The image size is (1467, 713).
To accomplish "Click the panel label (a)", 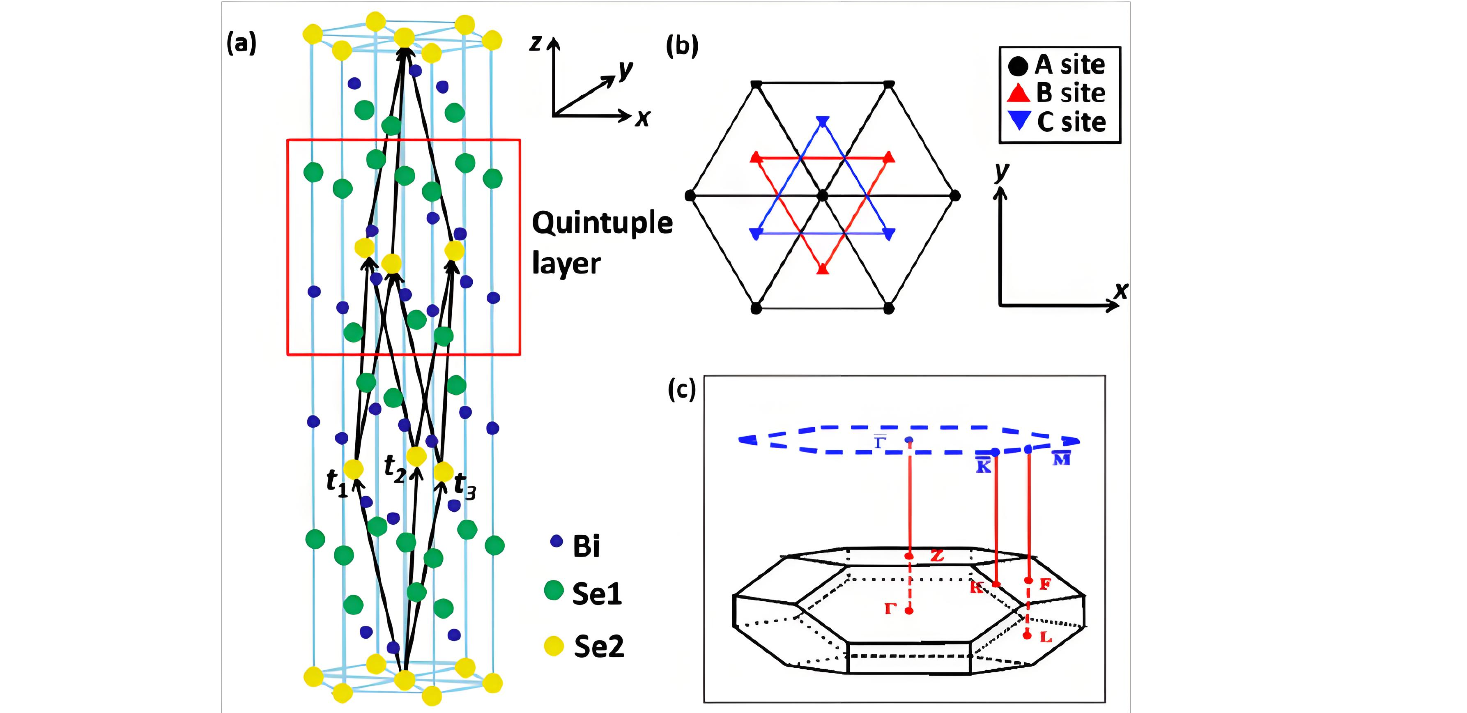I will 241,44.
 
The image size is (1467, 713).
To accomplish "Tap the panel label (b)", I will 682,46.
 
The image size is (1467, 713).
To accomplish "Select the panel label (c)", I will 682,390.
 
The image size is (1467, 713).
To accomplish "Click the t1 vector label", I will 337,484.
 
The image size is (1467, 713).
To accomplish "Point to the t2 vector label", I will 395,469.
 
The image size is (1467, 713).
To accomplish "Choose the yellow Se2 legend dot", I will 554,646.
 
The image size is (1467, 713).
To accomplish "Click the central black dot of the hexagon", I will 822,196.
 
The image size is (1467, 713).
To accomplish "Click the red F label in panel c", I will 1044,584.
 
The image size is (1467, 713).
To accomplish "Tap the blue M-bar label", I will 1061,458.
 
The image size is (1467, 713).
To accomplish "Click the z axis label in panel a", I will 535,43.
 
